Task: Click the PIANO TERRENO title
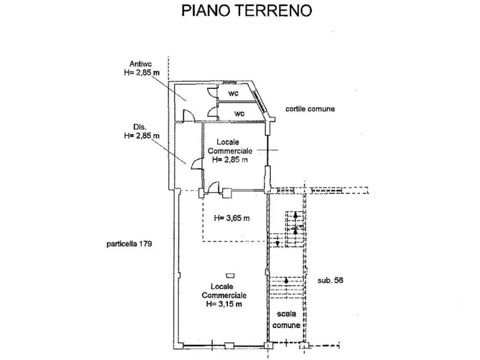point(247,10)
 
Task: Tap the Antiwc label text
point(141,64)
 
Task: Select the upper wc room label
point(233,93)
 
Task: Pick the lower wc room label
point(239,114)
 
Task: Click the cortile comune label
point(310,109)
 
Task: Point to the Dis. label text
point(140,127)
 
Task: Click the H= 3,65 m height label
point(232,218)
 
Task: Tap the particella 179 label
point(129,244)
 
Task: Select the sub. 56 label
point(330,280)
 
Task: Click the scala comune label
point(286,319)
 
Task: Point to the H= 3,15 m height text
point(224,304)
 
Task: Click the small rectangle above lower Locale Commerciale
point(230,276)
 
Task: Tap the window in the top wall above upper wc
point(229,82)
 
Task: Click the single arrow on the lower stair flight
point(286,280)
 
